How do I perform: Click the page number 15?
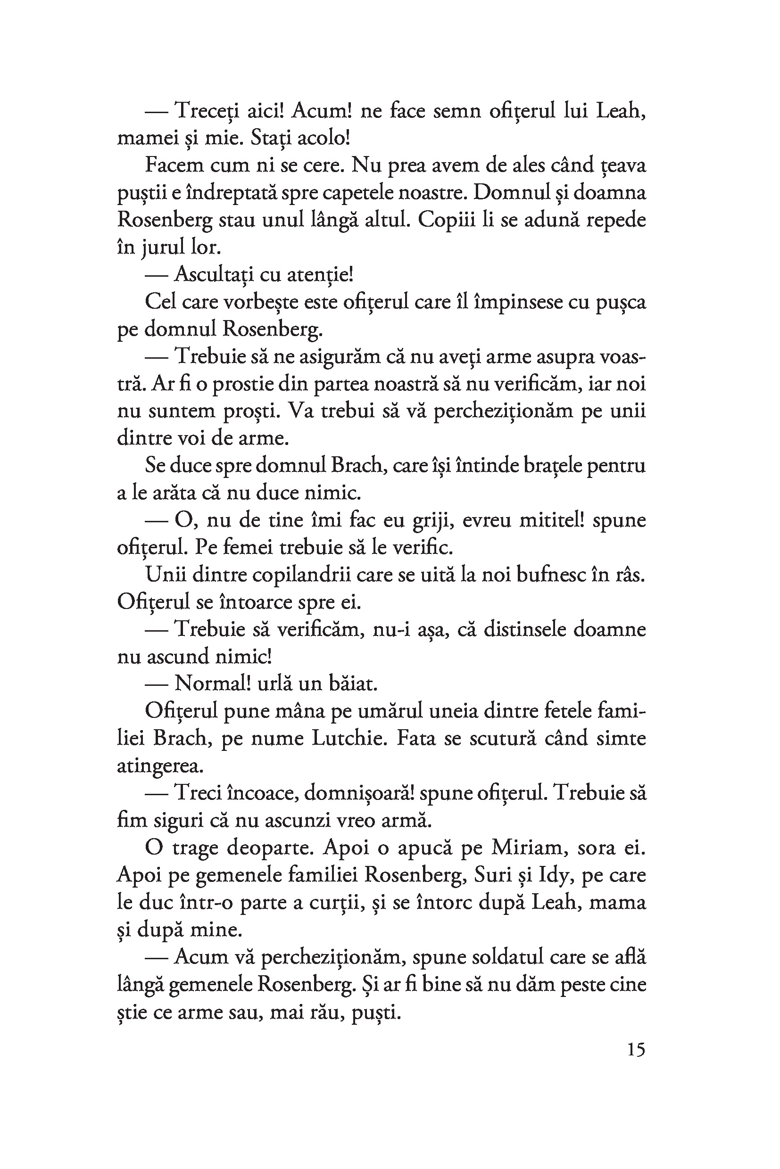point(636,1050)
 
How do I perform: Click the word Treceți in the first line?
point(211,112)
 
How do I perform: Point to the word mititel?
point(552,520)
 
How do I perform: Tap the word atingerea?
point(160,766)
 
